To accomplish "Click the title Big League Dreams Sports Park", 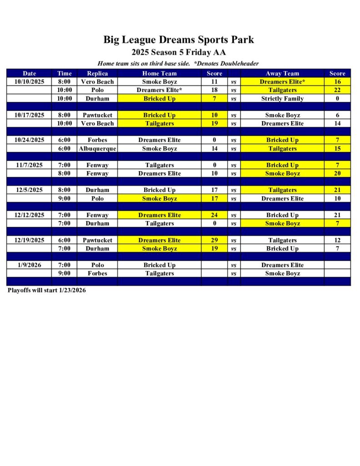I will coord(178,40).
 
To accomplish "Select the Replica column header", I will coord(97,73).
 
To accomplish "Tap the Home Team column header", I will coord(159,73).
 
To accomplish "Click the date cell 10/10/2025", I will coord(29,81).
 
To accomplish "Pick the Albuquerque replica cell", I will coord(97,148).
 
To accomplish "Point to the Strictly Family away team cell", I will coord(282,98).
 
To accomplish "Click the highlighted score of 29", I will coord(214,240).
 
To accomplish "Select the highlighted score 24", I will coord(214,215).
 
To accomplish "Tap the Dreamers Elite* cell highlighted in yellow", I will coord(282,81).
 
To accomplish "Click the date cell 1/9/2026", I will coord(29,265).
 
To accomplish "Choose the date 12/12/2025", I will coord(29,215).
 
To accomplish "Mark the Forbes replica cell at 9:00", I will coord(97,274).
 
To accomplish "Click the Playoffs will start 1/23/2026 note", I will coord(46,290).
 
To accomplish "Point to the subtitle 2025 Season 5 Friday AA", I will coord(178,52).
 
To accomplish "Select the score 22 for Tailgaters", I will coord(337,90).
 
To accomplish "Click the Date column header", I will coord(29,73).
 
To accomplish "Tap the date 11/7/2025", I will coord(29,165).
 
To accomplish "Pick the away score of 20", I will coord(337,173).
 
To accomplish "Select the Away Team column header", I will coord(282,73).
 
